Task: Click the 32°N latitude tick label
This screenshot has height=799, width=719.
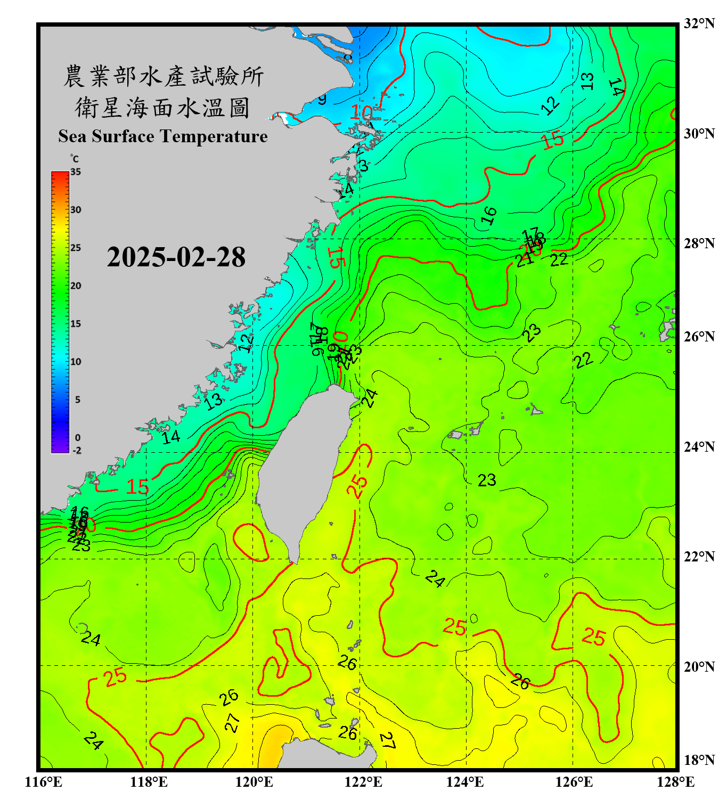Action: coord(699,23)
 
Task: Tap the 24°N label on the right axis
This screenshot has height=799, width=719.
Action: coord(699,446)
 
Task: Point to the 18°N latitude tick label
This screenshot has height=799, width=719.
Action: coord(699,760)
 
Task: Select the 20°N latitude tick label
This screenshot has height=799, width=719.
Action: coord(699,666)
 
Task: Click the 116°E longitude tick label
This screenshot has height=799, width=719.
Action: coord(44,782)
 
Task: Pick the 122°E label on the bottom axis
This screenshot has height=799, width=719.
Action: coord(363,782)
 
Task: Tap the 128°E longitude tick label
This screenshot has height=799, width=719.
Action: coord(675,782)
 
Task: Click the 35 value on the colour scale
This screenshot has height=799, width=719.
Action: coord(76,172)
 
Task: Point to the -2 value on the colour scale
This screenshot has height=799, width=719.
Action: coord(77,450)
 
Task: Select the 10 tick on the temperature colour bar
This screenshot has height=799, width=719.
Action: coord(76,362)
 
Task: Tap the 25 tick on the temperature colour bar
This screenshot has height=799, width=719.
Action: coord(76,248)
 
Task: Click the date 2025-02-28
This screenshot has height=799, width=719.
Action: coord(176,257)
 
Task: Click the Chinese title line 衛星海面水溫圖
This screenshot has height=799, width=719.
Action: coord(162,108)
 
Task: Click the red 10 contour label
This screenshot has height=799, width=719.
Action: coord(361,112)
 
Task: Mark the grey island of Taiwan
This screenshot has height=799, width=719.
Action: coord(304,469)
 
